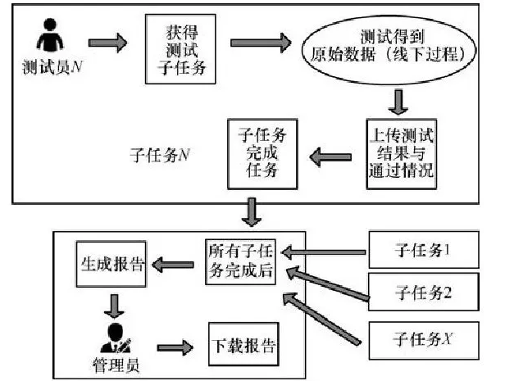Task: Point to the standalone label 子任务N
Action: tap(161, 152)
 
